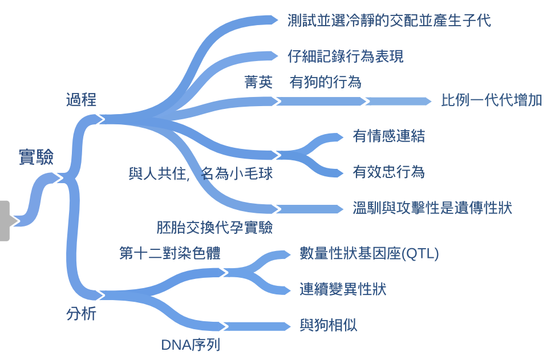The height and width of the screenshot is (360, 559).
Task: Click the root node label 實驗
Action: pos(36,157)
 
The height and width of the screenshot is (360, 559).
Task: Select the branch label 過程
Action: pos(81,100)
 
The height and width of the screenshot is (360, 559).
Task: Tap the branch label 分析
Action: pos(81,314)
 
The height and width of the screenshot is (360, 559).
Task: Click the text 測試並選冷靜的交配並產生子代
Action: pos(390,21)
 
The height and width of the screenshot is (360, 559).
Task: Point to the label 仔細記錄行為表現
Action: pos(346,56)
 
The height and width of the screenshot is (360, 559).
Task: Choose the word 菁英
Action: pos(258,82)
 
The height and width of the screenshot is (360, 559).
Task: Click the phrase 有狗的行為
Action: pos(326,82)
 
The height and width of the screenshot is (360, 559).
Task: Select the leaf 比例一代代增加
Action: pos(492,101)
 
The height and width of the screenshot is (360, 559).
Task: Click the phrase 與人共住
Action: pos(159,173)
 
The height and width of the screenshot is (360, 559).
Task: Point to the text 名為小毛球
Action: pos(237,173)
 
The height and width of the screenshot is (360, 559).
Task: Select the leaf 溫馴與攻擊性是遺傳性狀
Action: pos(432,208)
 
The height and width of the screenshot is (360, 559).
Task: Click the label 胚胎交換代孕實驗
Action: pos(214,228)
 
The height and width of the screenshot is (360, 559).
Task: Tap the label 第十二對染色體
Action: pos(170,253)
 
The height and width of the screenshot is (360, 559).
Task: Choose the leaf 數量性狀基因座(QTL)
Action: pos(369,254)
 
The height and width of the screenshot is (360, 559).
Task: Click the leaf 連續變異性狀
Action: pos(343,289)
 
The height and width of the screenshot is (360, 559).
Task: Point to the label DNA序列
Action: pos(191,345)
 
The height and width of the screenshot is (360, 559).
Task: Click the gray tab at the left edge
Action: pos(5,220)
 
